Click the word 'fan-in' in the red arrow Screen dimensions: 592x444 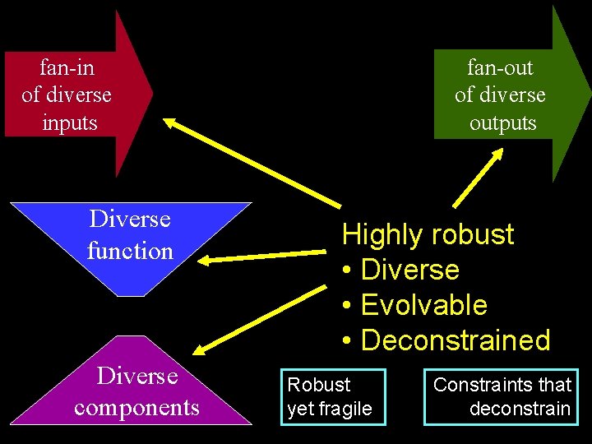click(67, 67)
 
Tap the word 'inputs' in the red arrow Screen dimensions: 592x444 click(70, 123)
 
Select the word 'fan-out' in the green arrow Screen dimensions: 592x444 click(500, 67)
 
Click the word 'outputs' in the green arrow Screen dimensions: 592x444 click(502, 123)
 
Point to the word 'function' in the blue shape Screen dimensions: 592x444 click(130, 250)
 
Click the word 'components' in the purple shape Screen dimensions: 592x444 click(136, 408)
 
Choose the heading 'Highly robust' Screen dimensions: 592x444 click(428, 234)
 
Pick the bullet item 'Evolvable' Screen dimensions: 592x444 click(423, 305)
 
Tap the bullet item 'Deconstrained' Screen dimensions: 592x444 click(455, 340)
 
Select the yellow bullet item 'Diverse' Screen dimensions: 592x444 click(409, 270)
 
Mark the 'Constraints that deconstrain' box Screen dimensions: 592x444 click(502, 396)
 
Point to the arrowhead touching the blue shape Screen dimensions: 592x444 click(205, 262)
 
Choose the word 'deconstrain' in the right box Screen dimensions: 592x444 click(520, 409)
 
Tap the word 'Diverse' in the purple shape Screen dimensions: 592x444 click(136, 376)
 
